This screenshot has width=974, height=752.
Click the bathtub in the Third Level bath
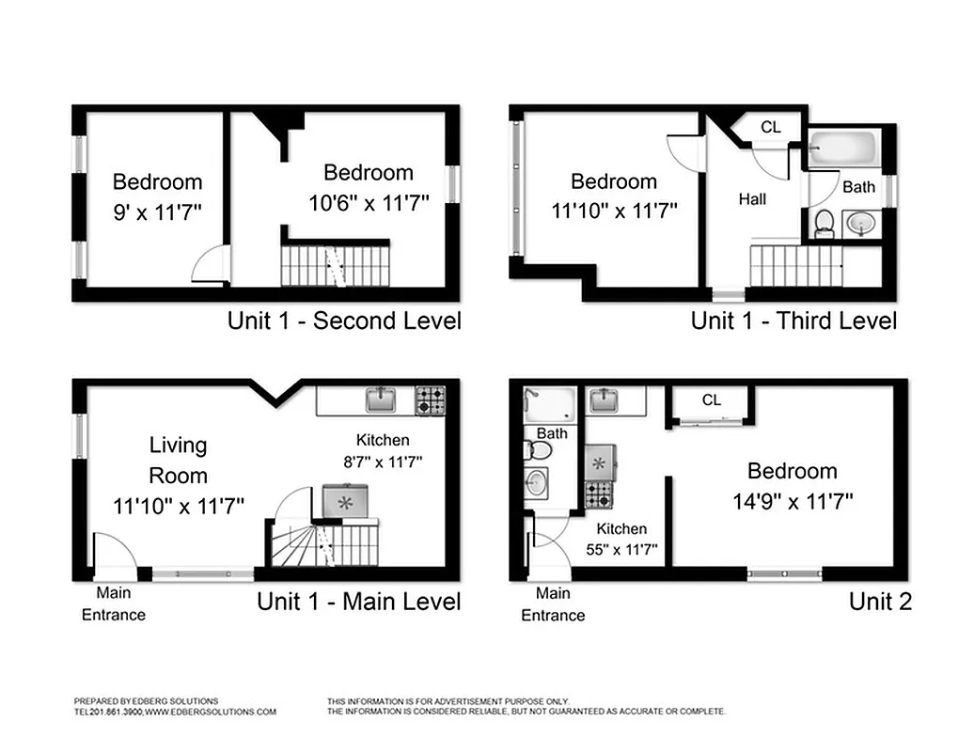click(x=844, y=148)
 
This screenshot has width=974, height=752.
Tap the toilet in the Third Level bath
click(x=825, y=223)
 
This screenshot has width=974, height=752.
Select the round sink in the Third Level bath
click(x=860, y=223)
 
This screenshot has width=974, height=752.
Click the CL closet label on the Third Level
click(x=770, y=127)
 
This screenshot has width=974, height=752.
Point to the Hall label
click(x=752, y=198)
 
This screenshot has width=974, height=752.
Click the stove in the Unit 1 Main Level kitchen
click(x=431, y=400)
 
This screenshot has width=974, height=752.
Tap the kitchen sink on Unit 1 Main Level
click(x=381, y=399)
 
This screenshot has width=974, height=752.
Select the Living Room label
click(x=178, y=460)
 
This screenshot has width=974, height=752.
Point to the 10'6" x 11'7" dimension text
click(x=368, y=203)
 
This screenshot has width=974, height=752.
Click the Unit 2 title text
click(x=880, y=602)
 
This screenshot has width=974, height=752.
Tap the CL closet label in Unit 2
click(x=712, y=399)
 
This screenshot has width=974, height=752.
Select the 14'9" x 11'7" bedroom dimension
click(x=792, y=502)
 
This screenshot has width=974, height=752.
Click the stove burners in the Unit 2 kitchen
click(x=598, y=493)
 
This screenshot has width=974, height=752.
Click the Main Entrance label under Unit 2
click(x=553, y=604)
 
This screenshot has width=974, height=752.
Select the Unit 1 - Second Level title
click(x=344, y=321)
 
